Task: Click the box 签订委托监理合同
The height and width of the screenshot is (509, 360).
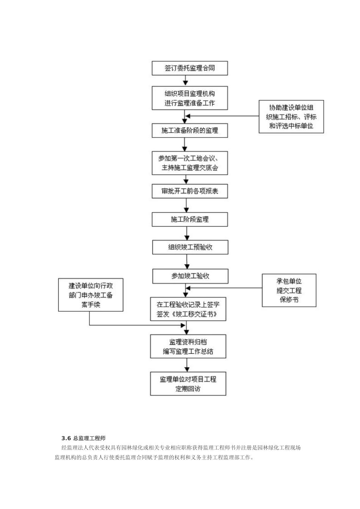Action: coord(189,68)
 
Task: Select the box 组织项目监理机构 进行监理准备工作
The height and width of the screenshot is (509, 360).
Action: coord(189,98)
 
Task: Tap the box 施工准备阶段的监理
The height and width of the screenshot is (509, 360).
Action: coord(189,130)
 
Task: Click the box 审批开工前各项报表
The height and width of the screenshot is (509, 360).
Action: coord(189,191)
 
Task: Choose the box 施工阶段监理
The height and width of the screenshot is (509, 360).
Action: coord(189,219)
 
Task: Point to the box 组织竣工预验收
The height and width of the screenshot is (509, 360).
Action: coord(190,247)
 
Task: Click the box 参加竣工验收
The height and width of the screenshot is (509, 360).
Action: coord(190,276)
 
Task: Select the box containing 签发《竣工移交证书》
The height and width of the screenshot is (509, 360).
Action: coord(188,309)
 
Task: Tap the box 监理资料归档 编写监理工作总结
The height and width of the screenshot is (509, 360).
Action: coord(188,346)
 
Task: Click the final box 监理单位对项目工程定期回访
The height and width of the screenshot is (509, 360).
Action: coord(188,384)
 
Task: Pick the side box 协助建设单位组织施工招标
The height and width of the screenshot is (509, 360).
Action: coord(291,117)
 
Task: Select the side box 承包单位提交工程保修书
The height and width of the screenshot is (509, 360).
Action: coord(289,290)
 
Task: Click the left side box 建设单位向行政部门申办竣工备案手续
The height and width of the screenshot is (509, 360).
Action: coord(91,295)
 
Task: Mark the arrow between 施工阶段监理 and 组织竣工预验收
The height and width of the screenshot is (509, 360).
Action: coord(186,233)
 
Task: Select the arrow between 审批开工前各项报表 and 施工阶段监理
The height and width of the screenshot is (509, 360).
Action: coord(186,205)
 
